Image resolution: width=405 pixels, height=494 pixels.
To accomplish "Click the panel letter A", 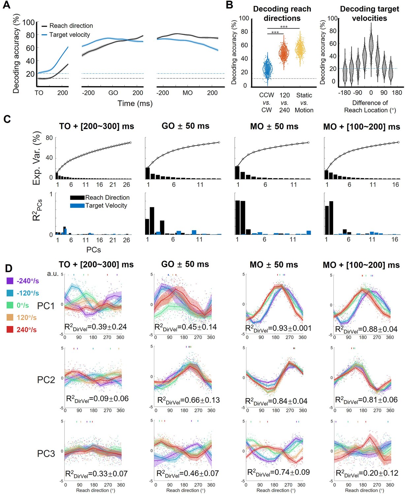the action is [x=6, y=5].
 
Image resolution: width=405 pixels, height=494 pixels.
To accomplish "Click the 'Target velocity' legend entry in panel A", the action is [x=66, y=35].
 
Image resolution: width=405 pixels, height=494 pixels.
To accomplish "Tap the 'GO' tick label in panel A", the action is [x=113, y=93].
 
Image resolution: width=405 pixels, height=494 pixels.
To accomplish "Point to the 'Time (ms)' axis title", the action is [x=135, y=103].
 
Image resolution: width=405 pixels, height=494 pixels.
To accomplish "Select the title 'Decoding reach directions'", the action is [x=282, y=14].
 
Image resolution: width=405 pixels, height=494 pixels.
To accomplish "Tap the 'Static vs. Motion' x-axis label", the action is [x=304, y=103].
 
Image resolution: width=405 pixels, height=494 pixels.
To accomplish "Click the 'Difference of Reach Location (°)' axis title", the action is [x=370, y=106].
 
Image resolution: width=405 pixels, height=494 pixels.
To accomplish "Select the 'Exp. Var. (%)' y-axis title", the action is [x=37, y=158].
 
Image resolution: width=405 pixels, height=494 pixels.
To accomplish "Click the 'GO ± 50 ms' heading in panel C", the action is [x=185, y=126].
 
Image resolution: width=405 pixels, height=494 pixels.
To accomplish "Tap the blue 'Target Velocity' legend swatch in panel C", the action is [x=77, y=206].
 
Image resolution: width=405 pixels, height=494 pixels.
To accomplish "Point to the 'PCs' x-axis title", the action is [x=94, y=250].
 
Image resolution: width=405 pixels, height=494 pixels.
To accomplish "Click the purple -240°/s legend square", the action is [x=10, y=281].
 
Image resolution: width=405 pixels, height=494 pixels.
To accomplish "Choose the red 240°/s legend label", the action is [x=26, y=330].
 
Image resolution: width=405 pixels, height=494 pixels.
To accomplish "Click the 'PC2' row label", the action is [x=46, y=380].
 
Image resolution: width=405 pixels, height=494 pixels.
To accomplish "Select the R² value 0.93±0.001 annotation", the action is [x=278, y=329].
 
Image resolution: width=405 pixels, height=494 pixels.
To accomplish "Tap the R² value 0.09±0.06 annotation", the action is [x=97, y=399].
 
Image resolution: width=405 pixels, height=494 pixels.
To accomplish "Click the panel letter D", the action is [x=9, y=268].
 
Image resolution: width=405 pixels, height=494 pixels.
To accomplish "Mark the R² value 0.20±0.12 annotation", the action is [x=367, y=473].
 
